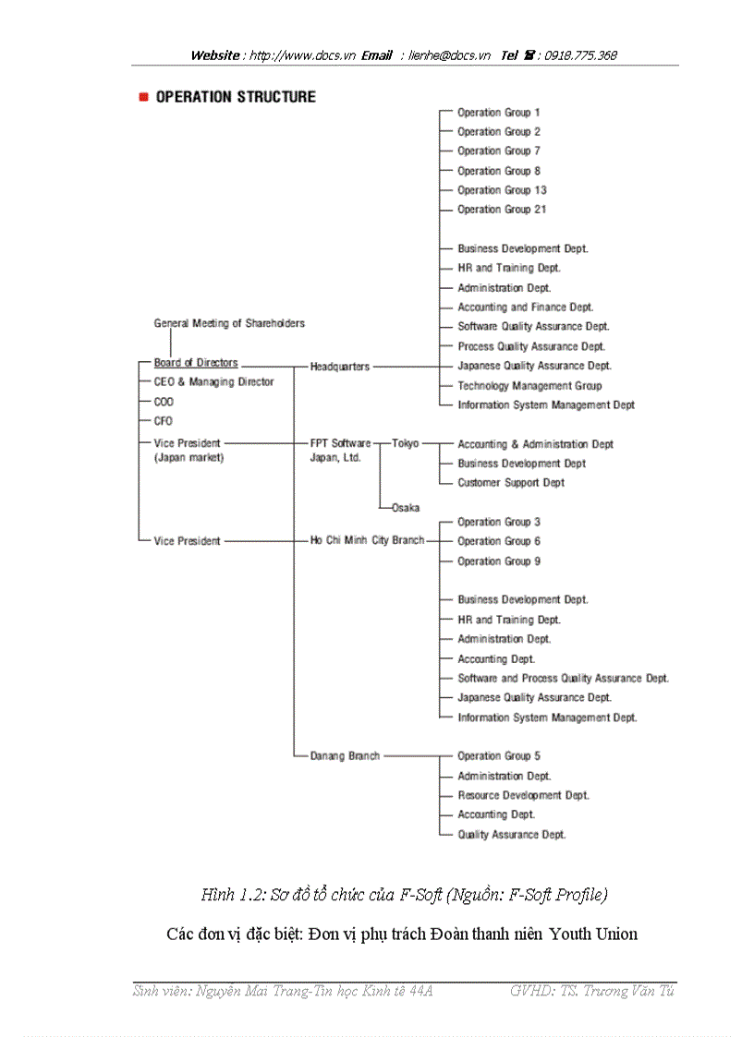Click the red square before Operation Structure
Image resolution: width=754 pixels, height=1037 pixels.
click(143, 97)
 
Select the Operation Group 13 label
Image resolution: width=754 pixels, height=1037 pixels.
click(502, 190)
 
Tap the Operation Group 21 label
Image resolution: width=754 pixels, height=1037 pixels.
click(502, 210)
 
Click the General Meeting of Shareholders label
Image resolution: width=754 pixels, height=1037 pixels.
click(229, 323)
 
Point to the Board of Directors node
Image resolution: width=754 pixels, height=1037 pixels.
click(196, 363)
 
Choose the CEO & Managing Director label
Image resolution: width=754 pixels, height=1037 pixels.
click(213, 382)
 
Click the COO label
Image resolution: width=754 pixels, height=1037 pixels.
click(164, 402)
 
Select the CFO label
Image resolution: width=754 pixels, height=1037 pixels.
click(163, 421)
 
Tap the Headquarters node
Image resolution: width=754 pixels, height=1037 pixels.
click(339, 367)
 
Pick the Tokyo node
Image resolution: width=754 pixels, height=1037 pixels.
click(405, 443)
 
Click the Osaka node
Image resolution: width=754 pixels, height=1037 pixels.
click(405, 508)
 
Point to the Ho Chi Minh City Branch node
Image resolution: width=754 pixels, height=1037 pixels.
click(367, 540)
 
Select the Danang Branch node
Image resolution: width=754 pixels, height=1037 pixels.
click(345, 755)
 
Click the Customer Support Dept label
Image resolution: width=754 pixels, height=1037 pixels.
click(511, 483)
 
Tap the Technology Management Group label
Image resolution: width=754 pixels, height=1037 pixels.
click(529, 386)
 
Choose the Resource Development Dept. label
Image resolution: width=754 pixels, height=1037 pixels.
click(523, 795)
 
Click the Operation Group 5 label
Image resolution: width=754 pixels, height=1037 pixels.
click(499, 755)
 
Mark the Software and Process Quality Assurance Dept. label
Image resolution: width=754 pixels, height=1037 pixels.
click(563, 678)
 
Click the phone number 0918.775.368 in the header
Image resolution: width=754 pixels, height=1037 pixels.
click(580, 55)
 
